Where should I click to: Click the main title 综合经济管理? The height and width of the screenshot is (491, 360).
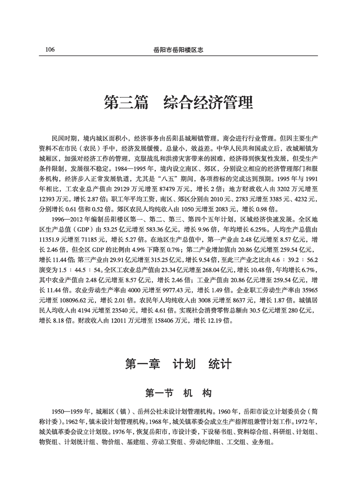point(208,102)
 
